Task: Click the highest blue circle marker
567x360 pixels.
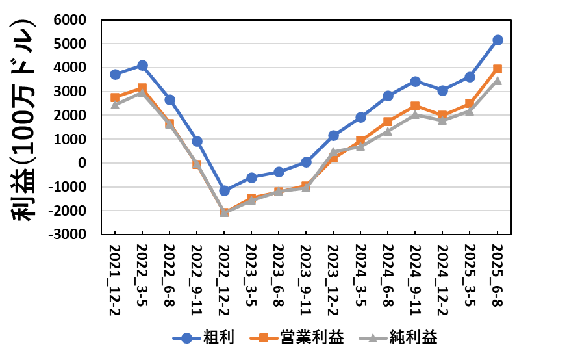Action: click(498, 40)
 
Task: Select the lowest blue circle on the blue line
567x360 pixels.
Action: click(225, 190)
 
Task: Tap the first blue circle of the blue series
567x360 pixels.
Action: click(116, 74)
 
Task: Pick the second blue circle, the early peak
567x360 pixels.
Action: click(142, 65)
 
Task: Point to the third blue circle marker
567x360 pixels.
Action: click(170, 99)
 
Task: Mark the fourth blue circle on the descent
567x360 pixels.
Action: click(197, 141)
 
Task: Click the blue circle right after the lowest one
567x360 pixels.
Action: click(252, 177)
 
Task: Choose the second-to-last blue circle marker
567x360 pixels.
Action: click(470, 77)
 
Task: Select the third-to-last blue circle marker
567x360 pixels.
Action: click(443, 90)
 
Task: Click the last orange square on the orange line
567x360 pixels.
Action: click(498, 68)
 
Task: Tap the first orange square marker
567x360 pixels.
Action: click(116, 97)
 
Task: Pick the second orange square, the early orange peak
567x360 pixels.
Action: click(142, 87)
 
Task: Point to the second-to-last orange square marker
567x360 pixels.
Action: click(470, 103)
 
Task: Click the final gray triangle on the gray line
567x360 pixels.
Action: click(498, 81)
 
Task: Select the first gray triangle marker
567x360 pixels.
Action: click(116, 104)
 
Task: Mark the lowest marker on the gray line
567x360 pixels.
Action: click(225, 212)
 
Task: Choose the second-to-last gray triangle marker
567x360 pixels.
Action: click(470, 110)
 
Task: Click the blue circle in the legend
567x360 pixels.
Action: click(187, 338)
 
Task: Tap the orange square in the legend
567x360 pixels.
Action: click(264, 338)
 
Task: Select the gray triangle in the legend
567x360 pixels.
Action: click(373, 338)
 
